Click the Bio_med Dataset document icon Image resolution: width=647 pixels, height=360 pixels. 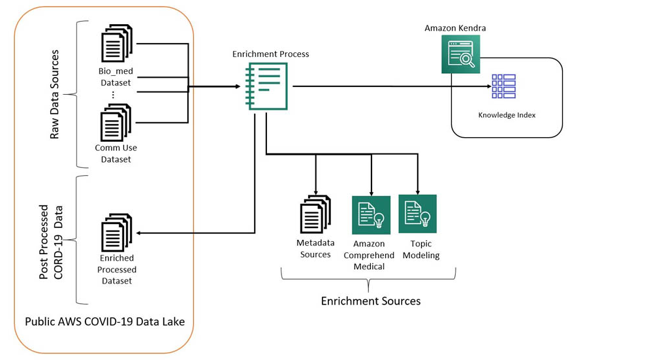[x=117, y=43]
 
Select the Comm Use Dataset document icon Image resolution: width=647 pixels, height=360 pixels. [x=116, y=122]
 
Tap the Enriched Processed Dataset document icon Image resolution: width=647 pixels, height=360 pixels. [x=117, y=233]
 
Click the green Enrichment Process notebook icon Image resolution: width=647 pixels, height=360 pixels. [x=266, y=86]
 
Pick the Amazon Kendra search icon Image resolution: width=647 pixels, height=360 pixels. [x=460, y=54]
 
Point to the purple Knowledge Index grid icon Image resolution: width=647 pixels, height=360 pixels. [x=504, y=86]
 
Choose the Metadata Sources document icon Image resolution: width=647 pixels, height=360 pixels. [x=315, y=214]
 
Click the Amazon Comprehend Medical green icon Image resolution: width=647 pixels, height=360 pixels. [x=371, y=215]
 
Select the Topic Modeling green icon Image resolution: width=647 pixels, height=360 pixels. [x=418, y=214]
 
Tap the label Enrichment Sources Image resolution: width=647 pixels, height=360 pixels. [x=371, y=301]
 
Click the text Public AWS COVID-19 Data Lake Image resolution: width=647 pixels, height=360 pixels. [x=105, y=321]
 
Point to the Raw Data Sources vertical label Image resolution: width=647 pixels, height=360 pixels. [x=54, y=94]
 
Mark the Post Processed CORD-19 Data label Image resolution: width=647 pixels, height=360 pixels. [x=51, y=242]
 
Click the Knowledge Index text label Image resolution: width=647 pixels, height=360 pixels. [x=507, y=115]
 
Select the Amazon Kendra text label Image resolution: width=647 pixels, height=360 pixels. [x=455, y=28]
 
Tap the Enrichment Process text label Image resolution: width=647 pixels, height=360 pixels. [x=271, y=54]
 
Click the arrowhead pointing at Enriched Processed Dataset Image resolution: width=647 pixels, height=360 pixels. [x=138, y=233]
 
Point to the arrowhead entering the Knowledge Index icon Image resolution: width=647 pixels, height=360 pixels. [x=490, y=86]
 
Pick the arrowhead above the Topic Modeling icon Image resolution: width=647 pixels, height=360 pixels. [x=418, y=192]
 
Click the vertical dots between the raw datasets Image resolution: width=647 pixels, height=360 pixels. [x=113, y=95]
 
